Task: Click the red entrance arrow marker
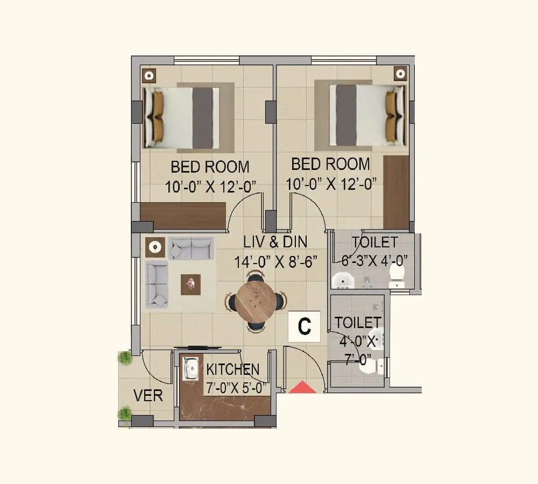click(302, 387)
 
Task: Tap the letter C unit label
click(305, 326)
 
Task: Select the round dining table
click(256, 302)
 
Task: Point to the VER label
click(148, 396)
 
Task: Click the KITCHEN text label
click(232, 370)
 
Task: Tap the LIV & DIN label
click(275, 242)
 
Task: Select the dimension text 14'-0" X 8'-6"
click(275, 262)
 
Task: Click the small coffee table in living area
click(190, 284)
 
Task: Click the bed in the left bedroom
click(182, 117)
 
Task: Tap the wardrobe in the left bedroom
click(183, 215)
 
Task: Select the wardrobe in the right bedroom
click(396, 192)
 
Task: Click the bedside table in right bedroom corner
click(400, 74)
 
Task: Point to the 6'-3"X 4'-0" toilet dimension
click(375, 261)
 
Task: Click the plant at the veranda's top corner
click(125, 357)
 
